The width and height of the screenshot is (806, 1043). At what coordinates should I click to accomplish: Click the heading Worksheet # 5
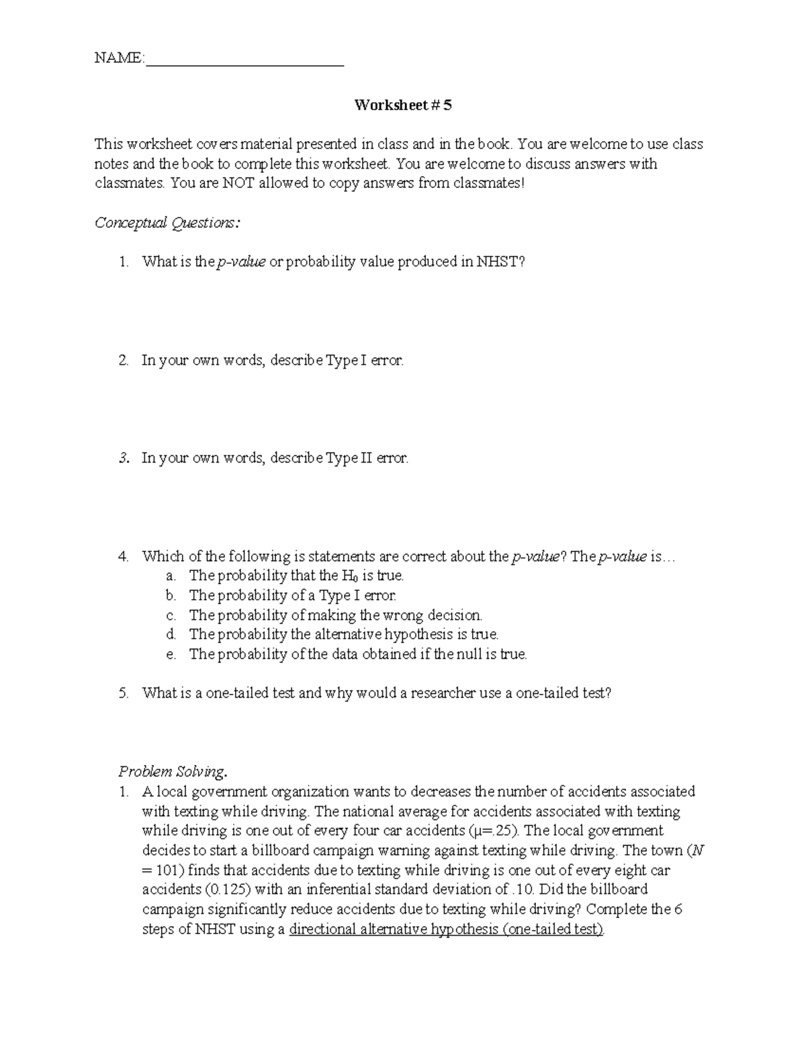pyautogui.click(x=403, y=105)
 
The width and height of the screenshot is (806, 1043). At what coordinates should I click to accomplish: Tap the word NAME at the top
pyautogui.click(x=118, y=58)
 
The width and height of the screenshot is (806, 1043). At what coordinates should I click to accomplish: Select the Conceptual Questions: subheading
pyautogui.click(x=167, y=223)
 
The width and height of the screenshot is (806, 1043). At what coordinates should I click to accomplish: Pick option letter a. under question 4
pyautogui.click(x=171, y=576)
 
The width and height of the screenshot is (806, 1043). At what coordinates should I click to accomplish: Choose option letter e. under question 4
pyautogui.click(x=171, y=654)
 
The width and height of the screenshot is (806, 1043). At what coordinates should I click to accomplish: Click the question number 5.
pyautogui.click(x=123, y=693)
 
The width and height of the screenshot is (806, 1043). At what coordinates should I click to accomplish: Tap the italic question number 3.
pyautogui.click(x=123, y=459)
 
